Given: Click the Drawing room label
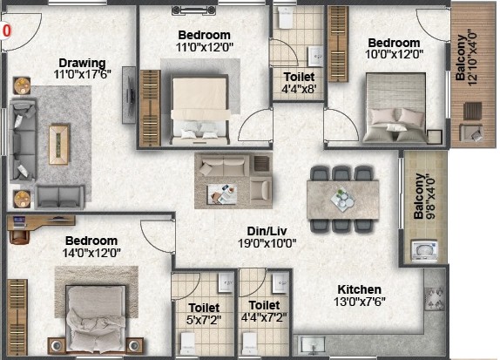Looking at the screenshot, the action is tap(82, 63).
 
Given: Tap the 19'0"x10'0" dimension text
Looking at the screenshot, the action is tap(267, 243).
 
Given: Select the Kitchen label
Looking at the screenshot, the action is tap(360, 289).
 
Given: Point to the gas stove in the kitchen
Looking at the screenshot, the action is tap(435, 299).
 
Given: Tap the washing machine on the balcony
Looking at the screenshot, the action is tap(424, 250).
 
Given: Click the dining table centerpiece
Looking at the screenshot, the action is tap(342, 200).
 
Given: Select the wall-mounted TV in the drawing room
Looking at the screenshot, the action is tap(129, 95).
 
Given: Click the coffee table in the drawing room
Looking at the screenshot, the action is tap(59, 144).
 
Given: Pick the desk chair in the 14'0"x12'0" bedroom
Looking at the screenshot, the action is tap(20, 235).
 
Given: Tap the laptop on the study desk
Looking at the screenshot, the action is tap(19, 221).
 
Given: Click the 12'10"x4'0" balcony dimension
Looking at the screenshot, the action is tap(472, 58).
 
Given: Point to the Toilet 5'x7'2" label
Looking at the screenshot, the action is tap(204, 314).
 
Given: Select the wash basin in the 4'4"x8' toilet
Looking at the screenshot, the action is tap(315, 57).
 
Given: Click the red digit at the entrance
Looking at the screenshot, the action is tap(7, 31).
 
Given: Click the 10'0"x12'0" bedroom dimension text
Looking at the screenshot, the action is tap(394, 54).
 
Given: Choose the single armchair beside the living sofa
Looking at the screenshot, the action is tap(261, 189).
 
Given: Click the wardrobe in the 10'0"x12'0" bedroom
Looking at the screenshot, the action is tap(338, 44).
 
